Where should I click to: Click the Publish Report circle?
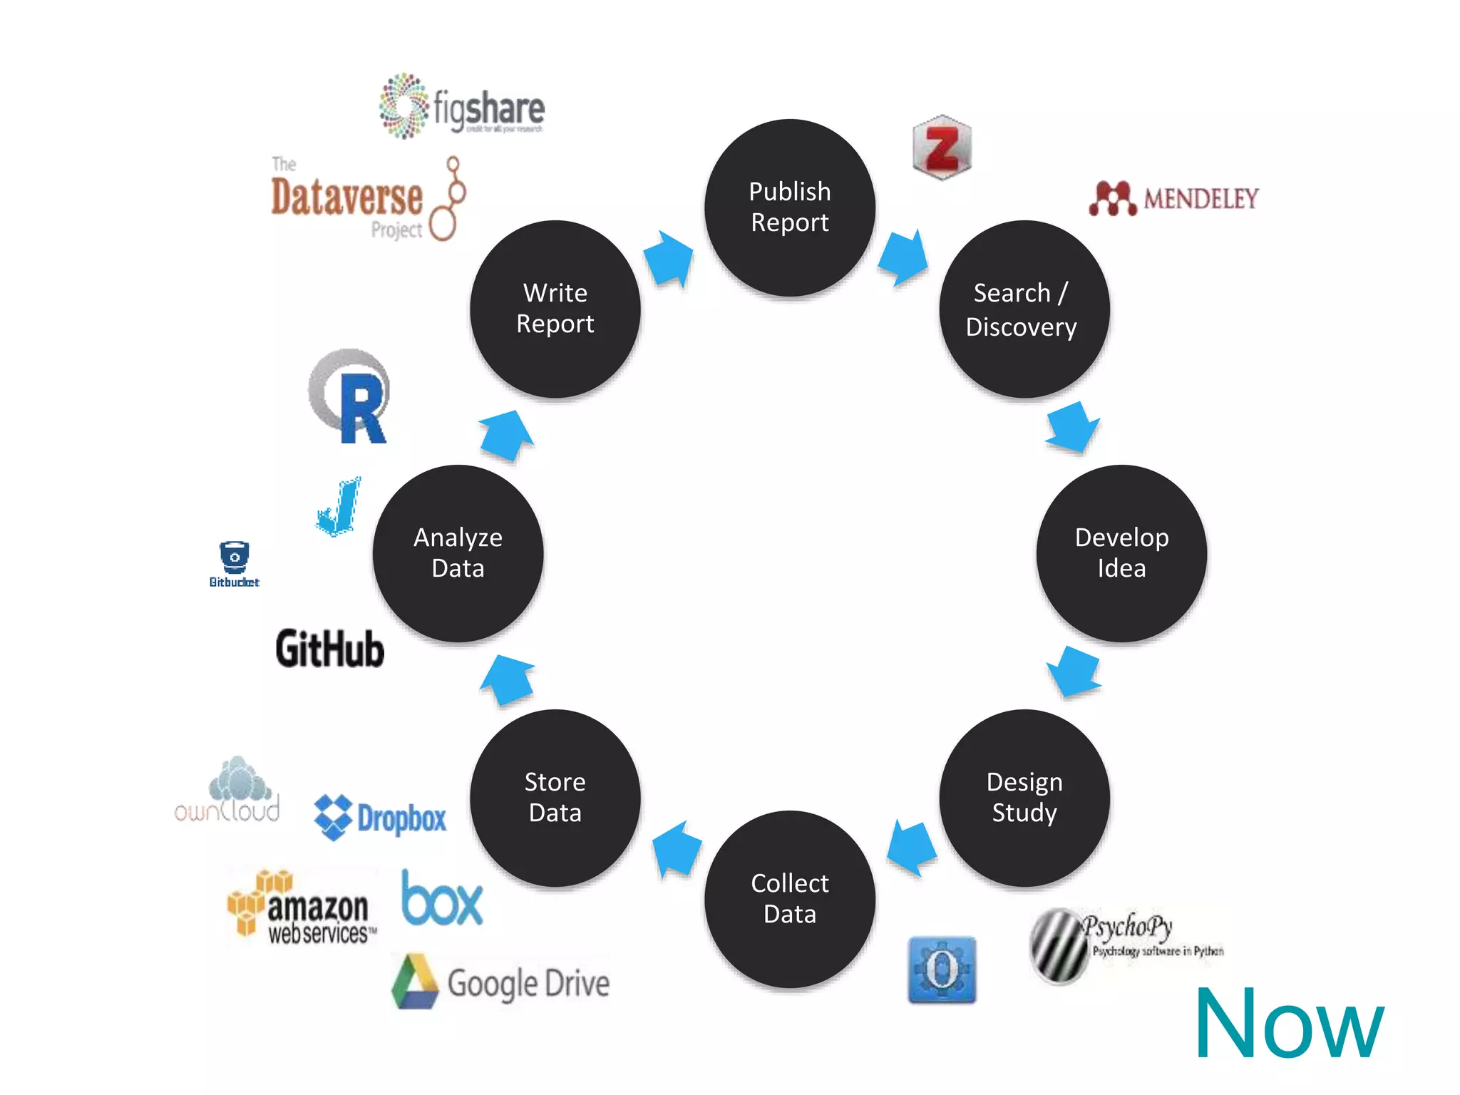[x=790, y=207]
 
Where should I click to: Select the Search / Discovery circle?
[x=1024, y=309]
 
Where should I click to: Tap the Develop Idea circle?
[x=1121, y=553]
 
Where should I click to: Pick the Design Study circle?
[x=1024, y=797]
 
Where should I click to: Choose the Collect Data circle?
[x=790, y=898]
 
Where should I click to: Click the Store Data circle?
[x=555, y=797]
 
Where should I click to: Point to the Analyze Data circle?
[x=458, y=553]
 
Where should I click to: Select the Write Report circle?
[x=555, y=309]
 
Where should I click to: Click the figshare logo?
[x=462, y=107]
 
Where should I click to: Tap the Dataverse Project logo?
[x=368, y=199]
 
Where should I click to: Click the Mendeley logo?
[x=1173, y=198]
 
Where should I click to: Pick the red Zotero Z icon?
[x=942, y=148]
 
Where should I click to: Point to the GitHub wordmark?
[x=330, y=649]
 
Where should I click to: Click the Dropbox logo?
[x=381, y=818]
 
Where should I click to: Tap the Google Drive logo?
[x=501, y=982]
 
